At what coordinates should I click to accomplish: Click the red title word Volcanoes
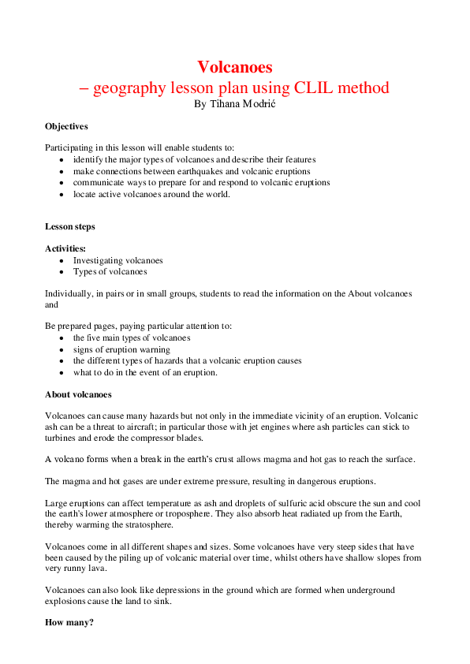pos(235,67)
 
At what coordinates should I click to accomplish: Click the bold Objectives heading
pos(66,126)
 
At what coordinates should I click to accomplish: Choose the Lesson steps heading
pos(70,226)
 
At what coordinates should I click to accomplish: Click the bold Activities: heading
pos(65,248)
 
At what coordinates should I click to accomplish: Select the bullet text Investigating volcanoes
pos(118,260)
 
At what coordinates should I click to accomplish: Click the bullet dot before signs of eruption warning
pos(62,349)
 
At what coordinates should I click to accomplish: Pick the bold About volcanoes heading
pos(78,394)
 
